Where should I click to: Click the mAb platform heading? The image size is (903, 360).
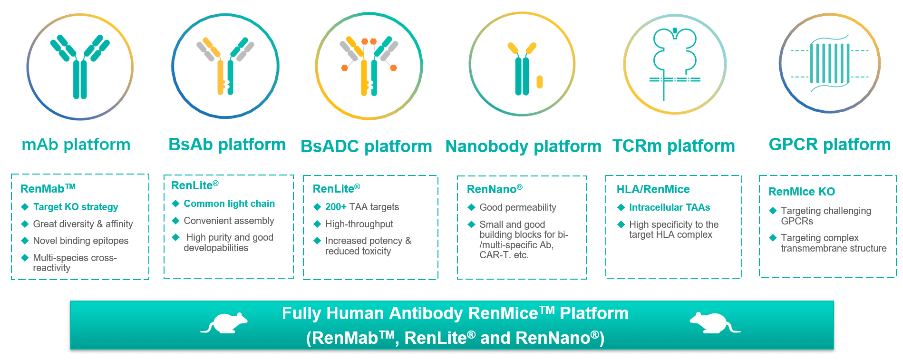[76, 145]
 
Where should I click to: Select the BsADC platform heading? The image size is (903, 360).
[366, 146]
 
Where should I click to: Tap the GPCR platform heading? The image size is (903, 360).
[830, 145]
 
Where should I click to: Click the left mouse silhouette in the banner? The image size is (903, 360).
[224, 323]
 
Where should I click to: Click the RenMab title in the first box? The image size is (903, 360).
[48, 188]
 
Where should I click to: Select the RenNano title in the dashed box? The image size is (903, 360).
[495, 189]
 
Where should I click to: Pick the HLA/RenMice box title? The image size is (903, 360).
[653, 189]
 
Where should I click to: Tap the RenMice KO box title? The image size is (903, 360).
[802, 192]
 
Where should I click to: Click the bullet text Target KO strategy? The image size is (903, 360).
[76, 207]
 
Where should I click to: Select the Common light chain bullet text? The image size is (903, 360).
[229, 204]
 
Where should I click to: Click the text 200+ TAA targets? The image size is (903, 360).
[362, 207]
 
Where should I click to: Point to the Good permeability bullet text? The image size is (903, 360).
[518, 207]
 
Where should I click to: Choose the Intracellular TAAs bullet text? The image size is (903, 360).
[670, 207]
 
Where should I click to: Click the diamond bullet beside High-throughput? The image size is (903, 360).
[317, 224]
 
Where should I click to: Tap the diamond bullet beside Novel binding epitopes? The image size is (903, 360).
[25, 241]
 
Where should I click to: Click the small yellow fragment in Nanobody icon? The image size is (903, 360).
[539, 82]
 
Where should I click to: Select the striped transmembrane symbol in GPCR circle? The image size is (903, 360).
[830, 64]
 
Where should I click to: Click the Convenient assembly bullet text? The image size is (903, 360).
[229, 221]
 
